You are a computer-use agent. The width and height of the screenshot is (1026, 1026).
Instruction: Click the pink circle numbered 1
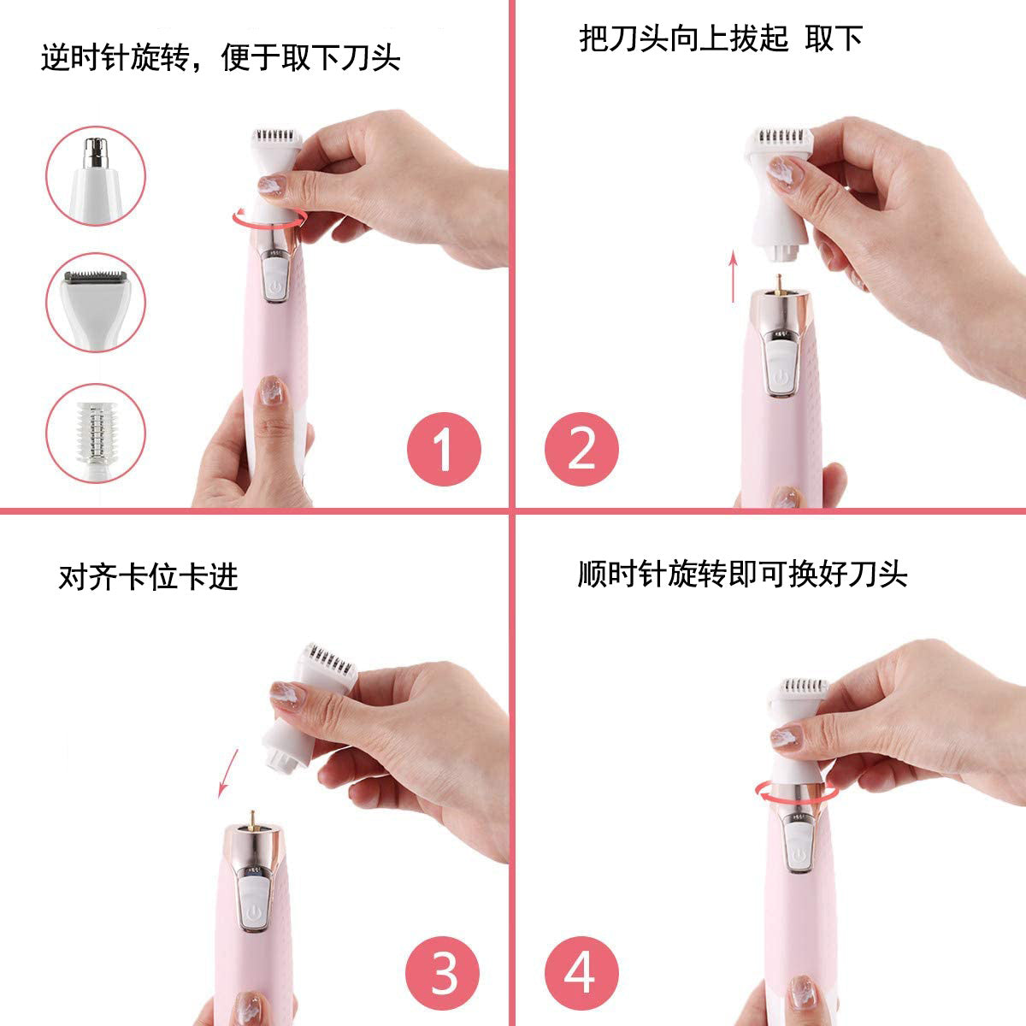coord(444,449)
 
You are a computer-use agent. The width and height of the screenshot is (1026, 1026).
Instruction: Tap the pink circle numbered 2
coord(581,449)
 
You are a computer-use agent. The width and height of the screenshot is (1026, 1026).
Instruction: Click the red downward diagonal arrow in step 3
coord(227,769)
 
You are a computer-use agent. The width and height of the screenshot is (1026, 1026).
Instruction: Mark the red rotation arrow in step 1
coord(268,219)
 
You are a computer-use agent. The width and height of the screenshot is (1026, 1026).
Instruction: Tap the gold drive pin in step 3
coord(252,818)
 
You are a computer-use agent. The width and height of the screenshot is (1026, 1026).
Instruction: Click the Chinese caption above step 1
coord(220,58)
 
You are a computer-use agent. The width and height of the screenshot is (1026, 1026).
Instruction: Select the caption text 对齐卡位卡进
coord(147,578)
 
